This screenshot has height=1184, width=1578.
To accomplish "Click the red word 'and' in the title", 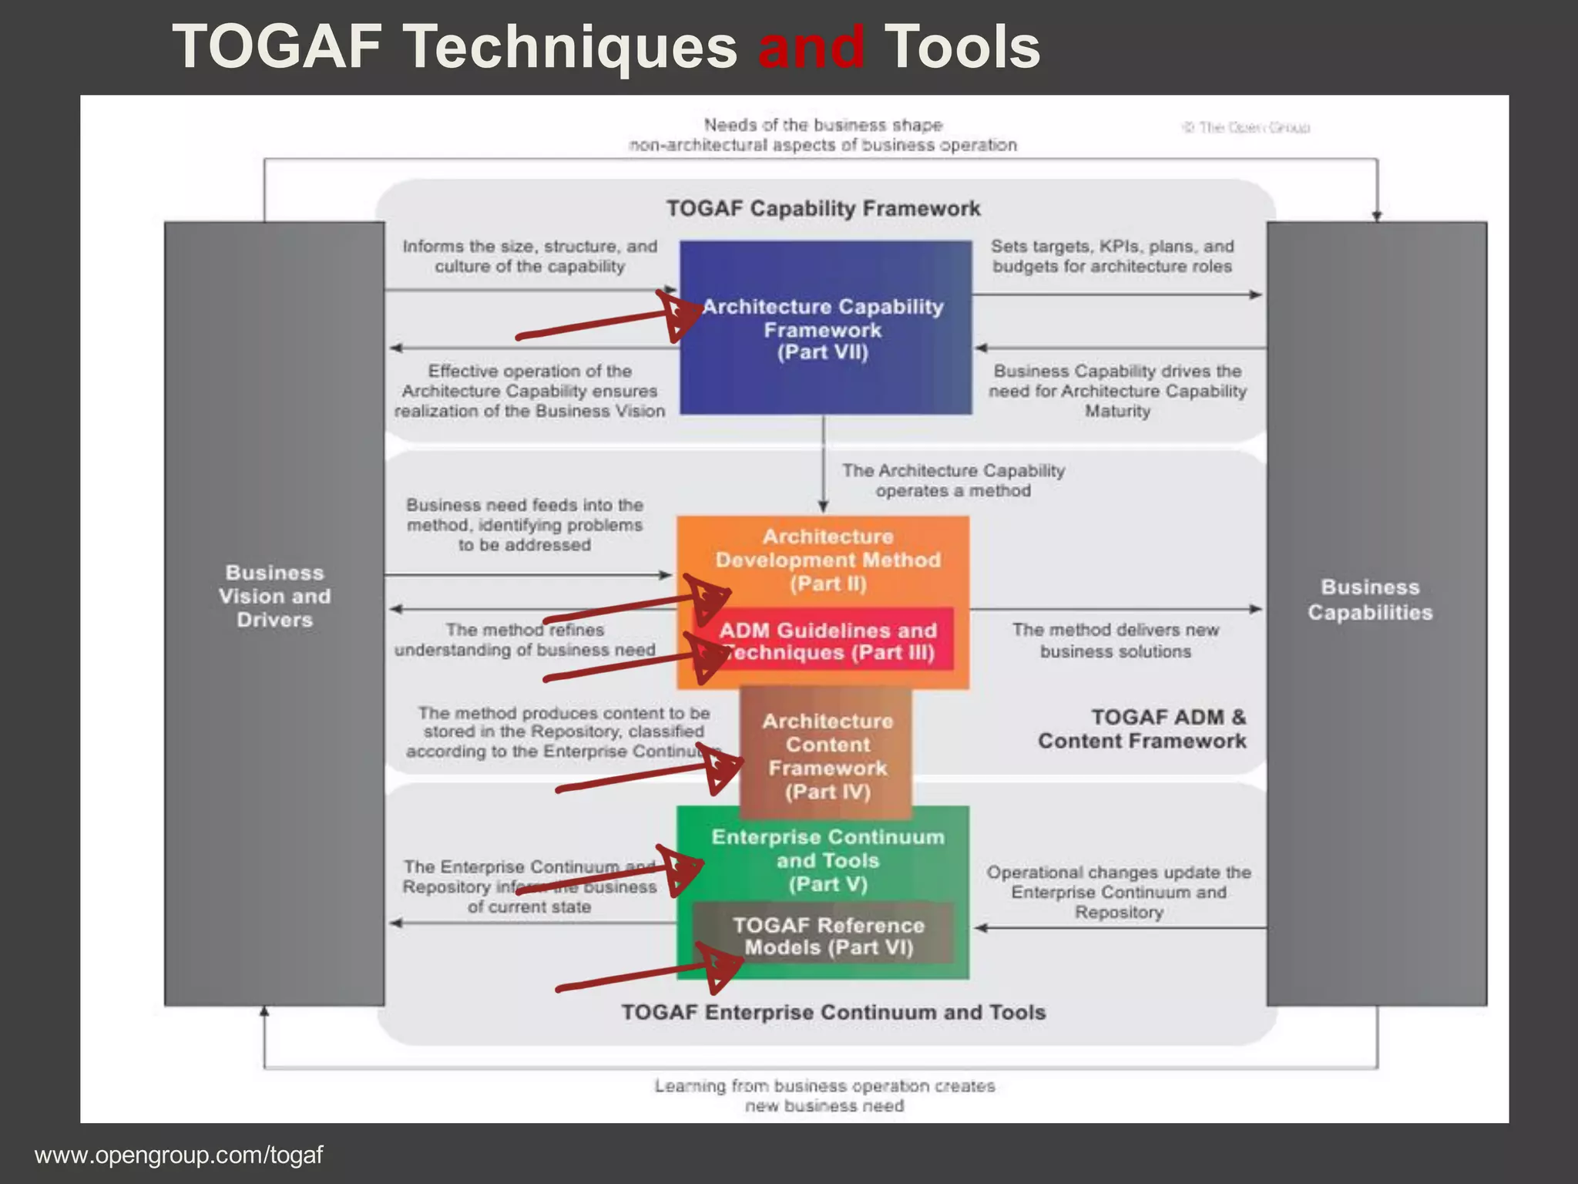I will [x=811, y=48].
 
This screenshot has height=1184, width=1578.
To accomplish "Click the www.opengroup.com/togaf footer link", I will [x=179, y=1155].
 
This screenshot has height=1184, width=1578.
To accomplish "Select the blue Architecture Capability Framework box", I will [x=824, y=328].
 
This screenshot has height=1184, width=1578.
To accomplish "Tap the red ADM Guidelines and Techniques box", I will [x=828, y=641].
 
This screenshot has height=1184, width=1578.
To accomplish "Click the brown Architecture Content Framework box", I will [x=827, y=755].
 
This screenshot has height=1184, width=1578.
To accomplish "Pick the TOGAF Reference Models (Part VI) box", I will [x=828, y=936].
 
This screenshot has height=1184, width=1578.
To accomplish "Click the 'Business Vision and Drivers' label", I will [x=274, y=596].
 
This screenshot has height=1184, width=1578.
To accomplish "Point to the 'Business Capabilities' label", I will [x=1369, y=600].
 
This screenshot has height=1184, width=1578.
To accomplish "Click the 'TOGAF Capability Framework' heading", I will [x=823, y=208].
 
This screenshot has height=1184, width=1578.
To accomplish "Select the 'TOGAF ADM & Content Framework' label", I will [x=1142, y=728].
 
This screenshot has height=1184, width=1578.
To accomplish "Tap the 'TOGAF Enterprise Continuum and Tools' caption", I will [x=833, y=1012].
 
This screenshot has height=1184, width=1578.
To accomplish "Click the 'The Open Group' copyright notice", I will [x=1246, y=128].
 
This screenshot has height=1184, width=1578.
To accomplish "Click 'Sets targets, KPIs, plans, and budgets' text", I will [x=1112, y=256].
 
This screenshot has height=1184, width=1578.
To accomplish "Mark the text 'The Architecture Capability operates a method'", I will [x=953, y=480].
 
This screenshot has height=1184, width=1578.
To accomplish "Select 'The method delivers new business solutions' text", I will [x=1115, y=641].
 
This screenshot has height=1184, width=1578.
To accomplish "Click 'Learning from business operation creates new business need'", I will [x=824, y=1095].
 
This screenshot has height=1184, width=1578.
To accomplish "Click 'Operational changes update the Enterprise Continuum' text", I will [x=1119, y=892].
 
